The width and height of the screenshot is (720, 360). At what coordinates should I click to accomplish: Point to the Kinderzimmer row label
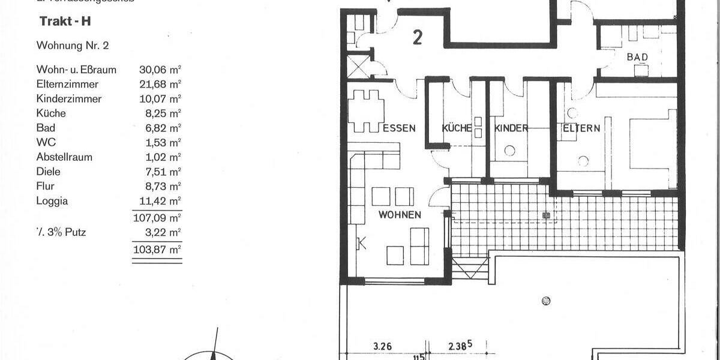coord(69,99)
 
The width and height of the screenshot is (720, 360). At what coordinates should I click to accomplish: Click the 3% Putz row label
coord(61,232)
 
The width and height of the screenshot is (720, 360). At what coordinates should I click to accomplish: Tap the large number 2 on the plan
coord(418,38)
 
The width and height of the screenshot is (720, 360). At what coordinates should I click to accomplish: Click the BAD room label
coord(637,57)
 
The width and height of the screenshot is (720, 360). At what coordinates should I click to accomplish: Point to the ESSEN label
coord(399,128)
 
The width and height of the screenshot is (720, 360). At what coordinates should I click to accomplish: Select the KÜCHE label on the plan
coord(457,128)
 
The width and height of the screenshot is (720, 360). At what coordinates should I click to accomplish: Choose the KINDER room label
coord(511,128)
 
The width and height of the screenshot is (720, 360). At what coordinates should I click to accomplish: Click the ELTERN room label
coord(581,128)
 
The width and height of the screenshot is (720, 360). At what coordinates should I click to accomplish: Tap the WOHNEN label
coord(399,215)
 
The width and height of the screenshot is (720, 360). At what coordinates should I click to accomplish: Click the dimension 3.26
coord(383,346)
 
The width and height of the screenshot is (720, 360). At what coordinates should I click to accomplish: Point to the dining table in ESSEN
coord(365,111)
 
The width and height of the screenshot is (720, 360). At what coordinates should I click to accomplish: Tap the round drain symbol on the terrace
coord(545,301)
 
